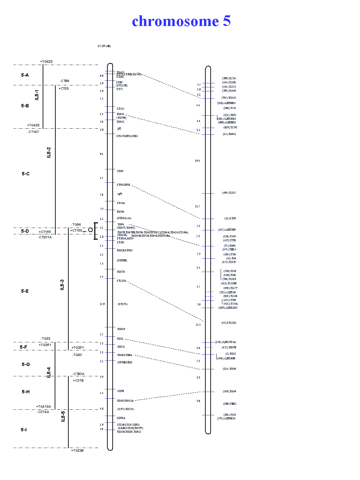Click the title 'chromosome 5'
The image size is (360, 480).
click(x=181, y=21)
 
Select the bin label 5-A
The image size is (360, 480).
click(x=25, y=75)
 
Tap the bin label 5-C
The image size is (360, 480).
click(x=26, y=174)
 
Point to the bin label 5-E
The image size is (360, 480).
click(x=25, y=291)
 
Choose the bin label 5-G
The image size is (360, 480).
click(x=26, y=364)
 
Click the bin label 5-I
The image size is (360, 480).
click(x=24, y=430)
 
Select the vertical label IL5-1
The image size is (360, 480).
click(x=37, y=95)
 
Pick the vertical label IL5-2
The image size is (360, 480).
click(x=49, y=152)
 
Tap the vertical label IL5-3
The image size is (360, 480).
click(x=62, y=285)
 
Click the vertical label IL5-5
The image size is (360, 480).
click(x=63, y=416)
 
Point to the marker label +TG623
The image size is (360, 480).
click(x=46, y=62)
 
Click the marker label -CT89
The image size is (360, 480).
click(x=65, y=81)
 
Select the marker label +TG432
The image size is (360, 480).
click(x=33, y=125)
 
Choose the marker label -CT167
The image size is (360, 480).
click(x=33, y=132)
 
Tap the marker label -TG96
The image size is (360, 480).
click(x=76, y=225)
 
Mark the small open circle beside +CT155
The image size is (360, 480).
click(x=90, y=230)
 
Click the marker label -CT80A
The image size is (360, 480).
click(x=79, y=374)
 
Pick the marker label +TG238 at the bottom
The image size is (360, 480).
click(x=77, y=451)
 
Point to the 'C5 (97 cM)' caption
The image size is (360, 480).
click(x=104, y=46)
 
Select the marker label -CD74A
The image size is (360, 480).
click(x=43, y=412)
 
